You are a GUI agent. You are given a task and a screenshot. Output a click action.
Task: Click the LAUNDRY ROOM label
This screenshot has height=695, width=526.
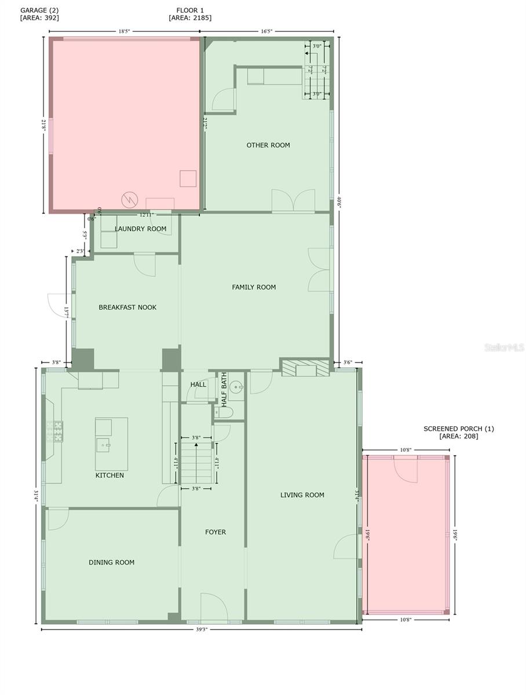[140, 229]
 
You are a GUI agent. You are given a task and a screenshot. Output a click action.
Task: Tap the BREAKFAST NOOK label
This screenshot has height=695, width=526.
[127, 308]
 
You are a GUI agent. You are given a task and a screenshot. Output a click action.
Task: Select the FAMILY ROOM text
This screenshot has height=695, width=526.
[254, 287]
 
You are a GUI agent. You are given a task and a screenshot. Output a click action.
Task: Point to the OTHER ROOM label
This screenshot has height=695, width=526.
[268, 145]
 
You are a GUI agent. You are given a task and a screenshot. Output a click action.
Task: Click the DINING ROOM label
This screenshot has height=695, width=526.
[111, 562]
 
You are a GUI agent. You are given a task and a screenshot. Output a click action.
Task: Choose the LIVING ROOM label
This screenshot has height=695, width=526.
[302, 495]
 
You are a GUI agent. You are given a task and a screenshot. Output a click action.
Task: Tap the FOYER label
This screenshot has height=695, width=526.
[215, 532]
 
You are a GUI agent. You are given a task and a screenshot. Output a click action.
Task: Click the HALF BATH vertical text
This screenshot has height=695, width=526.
[224, 389]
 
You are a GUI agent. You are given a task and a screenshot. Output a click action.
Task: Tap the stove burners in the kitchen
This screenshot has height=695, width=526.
[58, 431]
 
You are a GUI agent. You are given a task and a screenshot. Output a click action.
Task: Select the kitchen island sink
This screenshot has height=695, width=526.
[105, 445]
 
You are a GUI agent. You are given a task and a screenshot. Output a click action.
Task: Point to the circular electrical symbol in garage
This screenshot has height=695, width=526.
[128, 200]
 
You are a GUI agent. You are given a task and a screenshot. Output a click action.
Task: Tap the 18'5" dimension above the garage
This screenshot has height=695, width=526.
[124, 32]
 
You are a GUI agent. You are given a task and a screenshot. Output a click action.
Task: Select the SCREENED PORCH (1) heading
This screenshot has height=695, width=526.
[458, 429]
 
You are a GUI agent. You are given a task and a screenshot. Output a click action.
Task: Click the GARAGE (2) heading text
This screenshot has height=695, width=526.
[40, 10]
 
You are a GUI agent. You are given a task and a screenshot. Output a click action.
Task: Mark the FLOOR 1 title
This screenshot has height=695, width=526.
[190, 10]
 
